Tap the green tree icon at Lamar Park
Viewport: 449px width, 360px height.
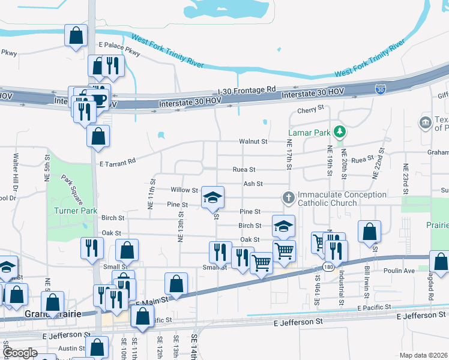[x=340, y=131]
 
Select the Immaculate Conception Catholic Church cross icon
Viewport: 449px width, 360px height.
[x=288, y=197]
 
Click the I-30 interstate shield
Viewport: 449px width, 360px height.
[x=381, y=89]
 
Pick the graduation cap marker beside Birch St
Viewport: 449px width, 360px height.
[x=284, y=226]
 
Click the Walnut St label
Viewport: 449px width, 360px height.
[x=253, y=142]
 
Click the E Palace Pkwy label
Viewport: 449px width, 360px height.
[x=120, y=49]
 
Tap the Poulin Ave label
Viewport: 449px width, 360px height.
[x=401, y=271]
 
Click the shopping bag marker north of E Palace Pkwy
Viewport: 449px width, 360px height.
[x=76, y=35]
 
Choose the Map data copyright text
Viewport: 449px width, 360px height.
[x=423, y=355]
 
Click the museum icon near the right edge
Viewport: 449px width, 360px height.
[x=426, y=122]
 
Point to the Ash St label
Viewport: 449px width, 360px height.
[x=253, y=184]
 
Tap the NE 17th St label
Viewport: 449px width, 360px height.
[x=289, y=163]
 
